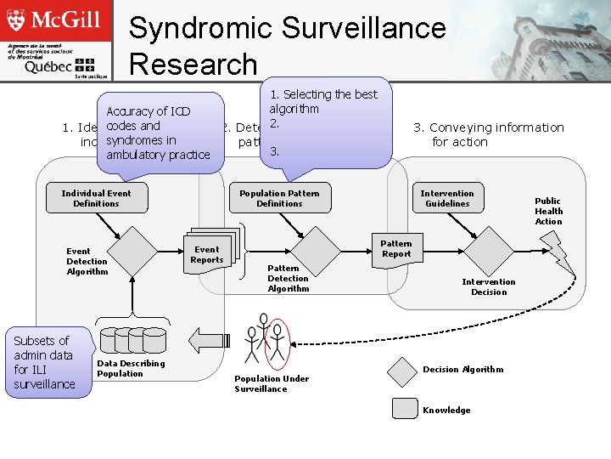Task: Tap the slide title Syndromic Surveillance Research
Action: [x=287, y=45]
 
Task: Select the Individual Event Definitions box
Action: [x=96, y=199]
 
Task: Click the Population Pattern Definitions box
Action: [x=279, y=199]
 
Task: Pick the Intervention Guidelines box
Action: [x=447, y=199]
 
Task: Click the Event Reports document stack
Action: [x=208, y=252]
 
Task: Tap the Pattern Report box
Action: [x=396, y=248]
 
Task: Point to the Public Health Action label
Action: [x=548, y=211]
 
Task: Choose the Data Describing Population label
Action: [x=131, y=368]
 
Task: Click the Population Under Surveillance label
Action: [x=272, y=383]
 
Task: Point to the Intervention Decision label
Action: [x=488, y=286]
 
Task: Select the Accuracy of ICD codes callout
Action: [x=158, y=133]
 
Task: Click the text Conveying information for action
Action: [x=488, y=134]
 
